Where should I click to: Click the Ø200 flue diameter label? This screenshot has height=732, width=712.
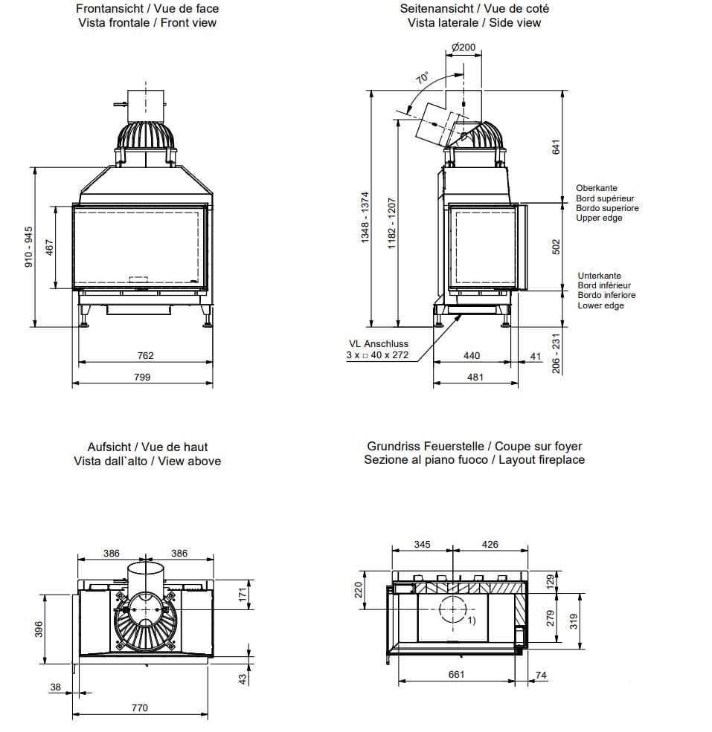coord(464,48)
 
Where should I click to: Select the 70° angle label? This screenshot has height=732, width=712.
coord(423,78)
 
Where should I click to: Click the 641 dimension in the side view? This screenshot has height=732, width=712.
coord(556,147)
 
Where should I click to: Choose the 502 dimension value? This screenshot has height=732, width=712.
coord(556,247)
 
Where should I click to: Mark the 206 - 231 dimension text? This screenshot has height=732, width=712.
coord(556,353)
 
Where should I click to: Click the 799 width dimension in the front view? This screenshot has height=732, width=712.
coord(141,377)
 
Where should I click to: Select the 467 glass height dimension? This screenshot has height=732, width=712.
coord(50,247)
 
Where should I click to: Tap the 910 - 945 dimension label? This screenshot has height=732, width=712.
coord(28,247)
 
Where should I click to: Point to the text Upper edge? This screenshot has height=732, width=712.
coord(599,218)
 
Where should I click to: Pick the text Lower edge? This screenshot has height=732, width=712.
coord(600,305)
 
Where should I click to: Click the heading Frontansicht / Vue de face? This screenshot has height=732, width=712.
coord(147,9)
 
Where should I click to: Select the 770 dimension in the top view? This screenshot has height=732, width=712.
coord(139,707)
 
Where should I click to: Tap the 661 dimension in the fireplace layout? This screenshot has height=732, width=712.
coord(456,674)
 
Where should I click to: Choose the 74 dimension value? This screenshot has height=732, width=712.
coord(540,674)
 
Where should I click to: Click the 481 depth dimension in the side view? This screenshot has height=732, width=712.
coord(475,377)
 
